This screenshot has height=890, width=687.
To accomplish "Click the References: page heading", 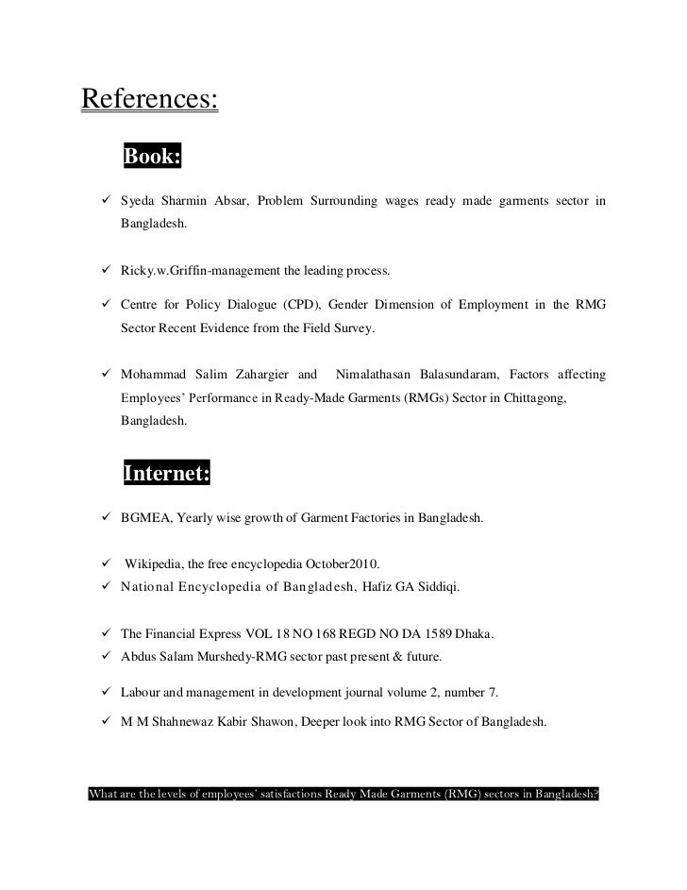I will coord(150,97).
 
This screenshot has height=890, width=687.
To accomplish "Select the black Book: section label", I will coord(151,156).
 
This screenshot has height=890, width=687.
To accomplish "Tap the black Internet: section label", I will coord(166,474).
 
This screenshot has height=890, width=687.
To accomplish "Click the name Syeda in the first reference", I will coord(138,201).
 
